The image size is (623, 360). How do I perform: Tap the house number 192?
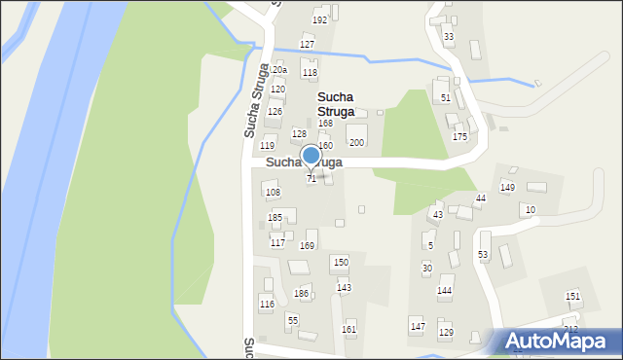pos(319,20)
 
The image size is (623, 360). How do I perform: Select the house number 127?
pos(307,45)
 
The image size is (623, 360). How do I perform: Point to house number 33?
pos(448,37)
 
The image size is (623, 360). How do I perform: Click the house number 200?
pos(356,143)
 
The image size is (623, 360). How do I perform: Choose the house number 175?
pos(459,137)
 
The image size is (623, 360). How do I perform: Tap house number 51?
pos(445,98)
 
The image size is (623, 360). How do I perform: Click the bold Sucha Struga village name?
pos(339,104)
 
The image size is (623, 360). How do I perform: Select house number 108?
pos(273,193)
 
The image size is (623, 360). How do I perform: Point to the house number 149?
pos(507,188)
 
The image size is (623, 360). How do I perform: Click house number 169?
pos(307,246)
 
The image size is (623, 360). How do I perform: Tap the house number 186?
pos(302,294)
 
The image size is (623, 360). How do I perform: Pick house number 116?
pos(267,305)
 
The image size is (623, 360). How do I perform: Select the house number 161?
pos(348,330)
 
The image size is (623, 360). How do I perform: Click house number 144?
pos(444,291)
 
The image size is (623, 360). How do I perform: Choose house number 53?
pos(483,255)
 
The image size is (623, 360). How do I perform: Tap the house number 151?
pos(572,297)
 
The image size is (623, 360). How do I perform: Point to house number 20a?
pos(279,70)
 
